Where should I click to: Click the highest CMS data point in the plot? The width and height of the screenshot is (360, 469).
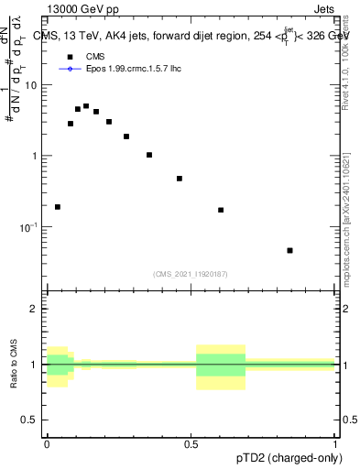(86, 106)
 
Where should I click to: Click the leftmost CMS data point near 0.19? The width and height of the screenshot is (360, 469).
(58, 207)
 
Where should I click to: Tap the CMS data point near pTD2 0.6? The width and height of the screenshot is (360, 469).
(221, 210)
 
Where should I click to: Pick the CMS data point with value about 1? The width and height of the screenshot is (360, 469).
(149, 155)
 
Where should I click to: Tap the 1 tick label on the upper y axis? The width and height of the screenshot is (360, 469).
(36, 156)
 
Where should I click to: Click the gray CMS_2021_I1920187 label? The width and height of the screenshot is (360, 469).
(191, 273)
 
